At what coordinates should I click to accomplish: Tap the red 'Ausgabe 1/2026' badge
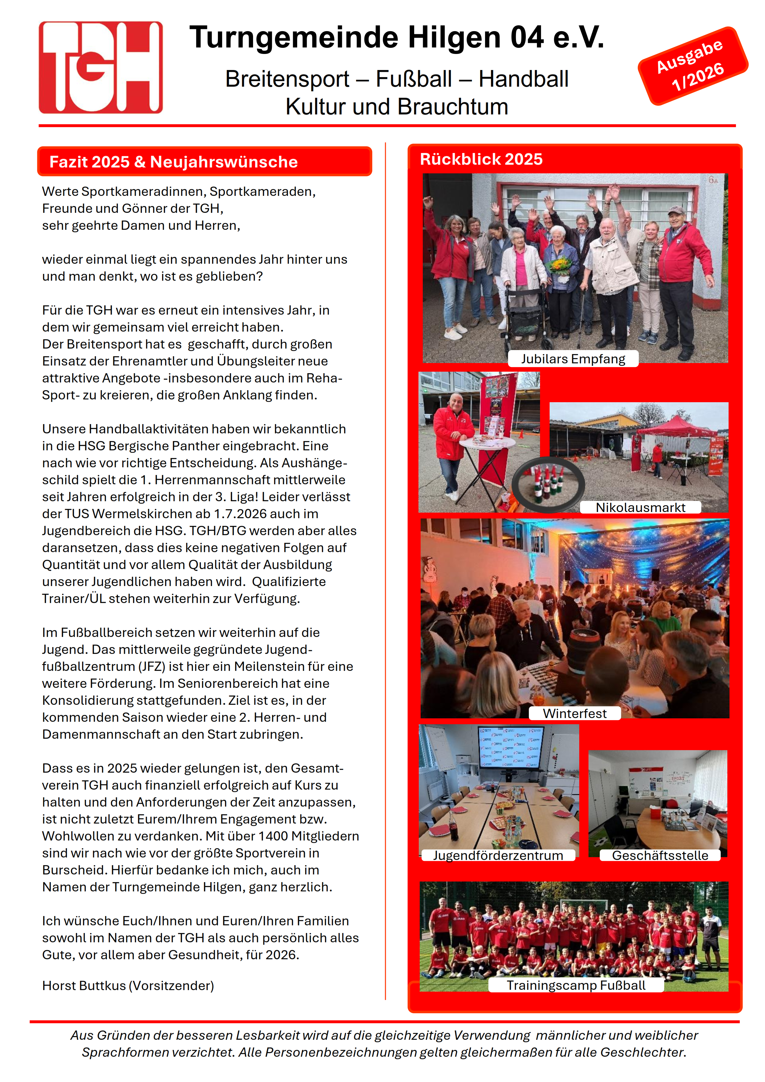click(x=692, y=66)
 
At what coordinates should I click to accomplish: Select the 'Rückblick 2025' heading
click(x=481, y=159)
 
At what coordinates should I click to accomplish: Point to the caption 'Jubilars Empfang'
click(x=573, y=359)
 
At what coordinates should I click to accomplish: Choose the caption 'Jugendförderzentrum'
click(x=498, y=855)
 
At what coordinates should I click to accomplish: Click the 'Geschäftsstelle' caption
click(x=659, y=855)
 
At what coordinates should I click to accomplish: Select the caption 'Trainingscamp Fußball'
click(x=576, y=985)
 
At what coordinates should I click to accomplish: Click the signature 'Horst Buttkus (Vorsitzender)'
click(x=128, y=985)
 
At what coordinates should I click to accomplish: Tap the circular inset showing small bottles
click(x=548, y=484)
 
